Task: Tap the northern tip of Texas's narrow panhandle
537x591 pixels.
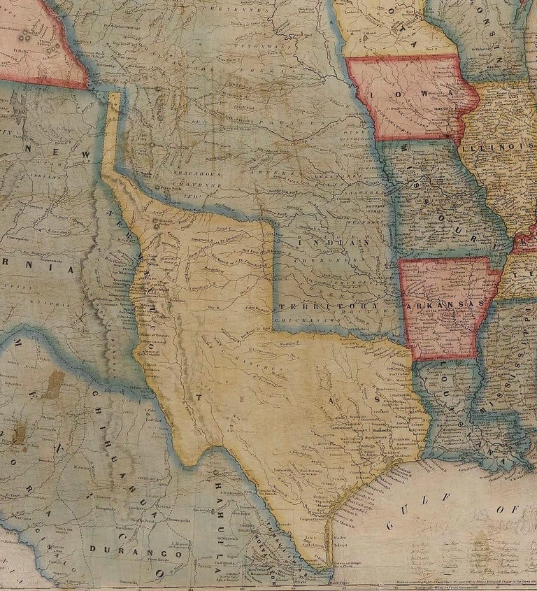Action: pyautogui.click(x=114, y=93)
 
